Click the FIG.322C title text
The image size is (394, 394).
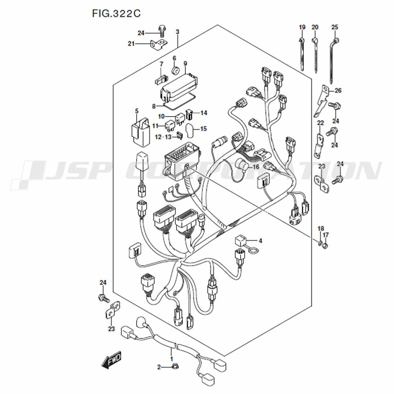[x=116, y=13]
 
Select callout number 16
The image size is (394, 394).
[x=256, y=167]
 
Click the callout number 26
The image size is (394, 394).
[x=338, y=90]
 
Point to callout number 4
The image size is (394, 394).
[x=260, y=241]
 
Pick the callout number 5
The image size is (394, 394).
[x=137, y=111]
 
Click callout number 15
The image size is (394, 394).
[x=204, y=129]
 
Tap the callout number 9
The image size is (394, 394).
[x=185, y=63]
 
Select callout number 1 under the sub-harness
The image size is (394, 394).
[x=172, y=359]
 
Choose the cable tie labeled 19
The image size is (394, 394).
[x=301, y=54]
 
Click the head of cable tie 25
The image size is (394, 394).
[x=335, y=40]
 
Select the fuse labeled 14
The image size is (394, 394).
[x=189, y=115]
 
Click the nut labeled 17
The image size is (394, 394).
[x=325, y=246]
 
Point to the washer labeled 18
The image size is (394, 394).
[x=320, y=243]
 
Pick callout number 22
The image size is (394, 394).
[x=320, y=123]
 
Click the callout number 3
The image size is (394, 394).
[x=177, y=32]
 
